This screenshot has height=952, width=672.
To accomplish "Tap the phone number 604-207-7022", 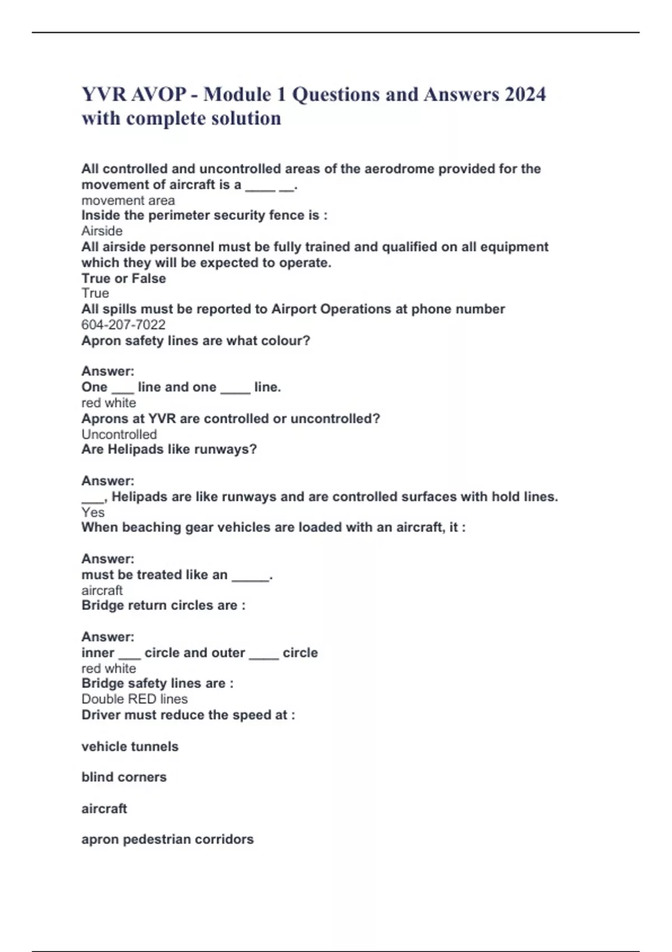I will tap(123, 325).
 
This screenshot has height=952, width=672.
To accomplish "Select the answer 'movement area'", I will tap(128, 200).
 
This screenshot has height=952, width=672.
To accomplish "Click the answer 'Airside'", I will tap(102, 231).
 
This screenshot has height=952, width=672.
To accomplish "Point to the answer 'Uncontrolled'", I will tap(119, 434).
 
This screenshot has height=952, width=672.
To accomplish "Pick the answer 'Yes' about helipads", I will tap(93, 512).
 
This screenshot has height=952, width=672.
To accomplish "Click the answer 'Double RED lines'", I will tap(134, 699).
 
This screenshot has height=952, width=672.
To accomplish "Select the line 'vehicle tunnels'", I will tap(130, 746).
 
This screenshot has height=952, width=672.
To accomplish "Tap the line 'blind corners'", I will tap(124, 777).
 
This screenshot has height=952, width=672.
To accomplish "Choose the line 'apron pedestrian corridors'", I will tap(167, 839).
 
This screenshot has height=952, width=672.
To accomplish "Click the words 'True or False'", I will tap(123, 278).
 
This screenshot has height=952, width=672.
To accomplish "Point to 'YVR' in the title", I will tap(104, 94).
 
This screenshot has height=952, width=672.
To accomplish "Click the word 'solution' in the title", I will tap(246, 118).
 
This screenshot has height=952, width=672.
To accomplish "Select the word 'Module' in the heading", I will tap(237, 94).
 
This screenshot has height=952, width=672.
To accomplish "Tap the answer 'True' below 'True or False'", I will tap(95, 293).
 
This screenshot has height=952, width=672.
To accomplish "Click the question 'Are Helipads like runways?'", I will tap(169, 449).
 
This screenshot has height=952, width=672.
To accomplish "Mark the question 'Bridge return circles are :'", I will tap(163, 605).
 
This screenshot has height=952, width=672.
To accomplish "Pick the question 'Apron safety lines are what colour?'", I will tap(195, 340).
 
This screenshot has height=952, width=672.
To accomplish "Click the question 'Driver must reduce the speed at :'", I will tap(188, 715).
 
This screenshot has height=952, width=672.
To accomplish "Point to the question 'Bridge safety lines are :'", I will tap(157, 683).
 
